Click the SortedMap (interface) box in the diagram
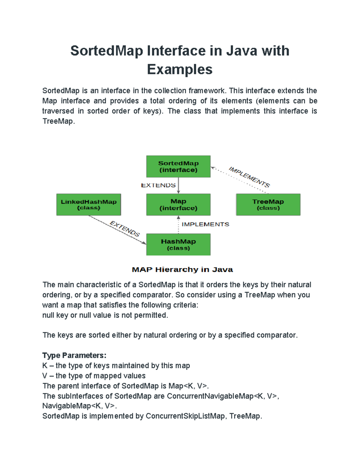178,167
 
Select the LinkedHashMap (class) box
88,205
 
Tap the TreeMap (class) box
268,205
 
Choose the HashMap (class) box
178,245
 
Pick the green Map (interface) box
178,205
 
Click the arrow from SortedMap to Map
178,185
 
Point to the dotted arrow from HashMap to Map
178,225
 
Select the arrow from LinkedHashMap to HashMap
117,230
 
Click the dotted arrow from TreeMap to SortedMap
240,180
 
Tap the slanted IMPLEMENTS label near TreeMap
249,177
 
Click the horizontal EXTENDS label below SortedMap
158,185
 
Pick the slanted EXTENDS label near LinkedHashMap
125,229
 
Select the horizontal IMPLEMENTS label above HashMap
205,224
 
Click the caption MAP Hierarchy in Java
182,270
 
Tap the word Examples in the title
180,69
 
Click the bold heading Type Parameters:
74,355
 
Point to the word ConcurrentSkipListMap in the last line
185,416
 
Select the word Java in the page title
241,51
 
